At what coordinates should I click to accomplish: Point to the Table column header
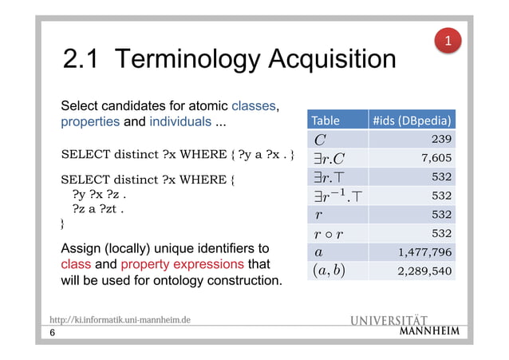326,121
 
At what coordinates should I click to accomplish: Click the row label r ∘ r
327,233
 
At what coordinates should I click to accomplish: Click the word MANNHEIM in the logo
428,332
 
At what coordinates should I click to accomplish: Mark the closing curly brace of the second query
64,225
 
